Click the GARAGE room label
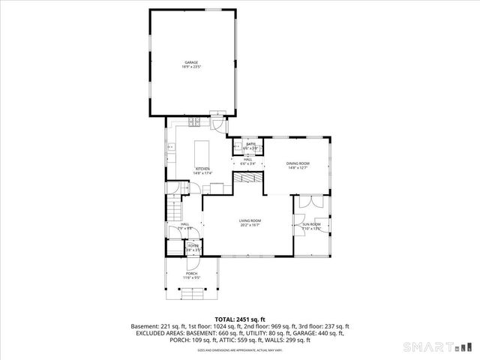(x=191, y=62)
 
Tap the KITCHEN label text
(x=203, y=169)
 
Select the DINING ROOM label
(x=298, y=163)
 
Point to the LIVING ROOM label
(x=250, y=220)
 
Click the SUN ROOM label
(x=310, y=224)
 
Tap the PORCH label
(x=192, y=274)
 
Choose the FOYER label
(x=193, y=246)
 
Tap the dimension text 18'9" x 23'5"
(x=191, y=67)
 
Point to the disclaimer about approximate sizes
(x=240, y=350)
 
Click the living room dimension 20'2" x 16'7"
(x=250, y=224)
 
